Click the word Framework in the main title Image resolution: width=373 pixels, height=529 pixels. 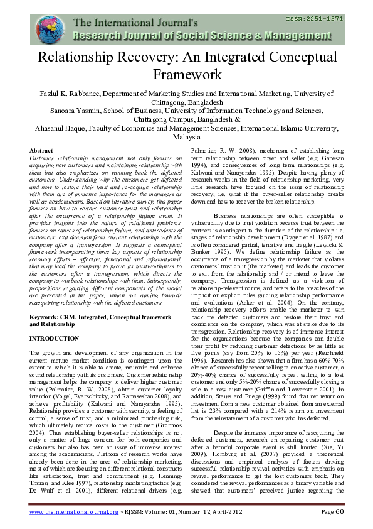point(186,75)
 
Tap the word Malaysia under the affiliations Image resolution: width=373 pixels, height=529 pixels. point(186,138)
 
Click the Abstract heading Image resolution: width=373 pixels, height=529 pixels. point(41,151)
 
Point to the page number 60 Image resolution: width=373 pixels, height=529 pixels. point(336,513)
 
